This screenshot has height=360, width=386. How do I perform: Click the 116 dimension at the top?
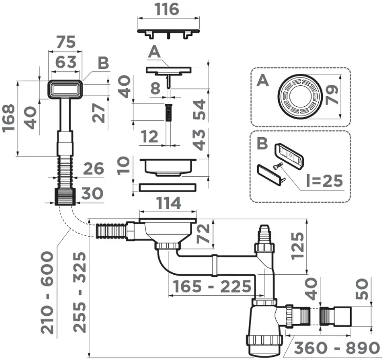click(x=167, y=9)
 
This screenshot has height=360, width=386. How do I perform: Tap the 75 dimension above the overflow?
click(x=66, y=42)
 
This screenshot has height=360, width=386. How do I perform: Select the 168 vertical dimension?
click(x=9, y=118)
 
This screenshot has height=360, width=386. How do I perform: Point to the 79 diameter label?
click(x=332, y=94)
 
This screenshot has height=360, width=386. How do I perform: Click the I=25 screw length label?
click(x=325, y=181)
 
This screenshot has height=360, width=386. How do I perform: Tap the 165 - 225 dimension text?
click(x=212, y=287)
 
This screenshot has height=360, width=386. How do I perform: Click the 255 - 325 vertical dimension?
click(x=80, y=293)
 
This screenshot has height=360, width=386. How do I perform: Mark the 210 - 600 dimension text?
click(x=47, y=293)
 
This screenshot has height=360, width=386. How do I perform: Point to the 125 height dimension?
click(x=297, y=246)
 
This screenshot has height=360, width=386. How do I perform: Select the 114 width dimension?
click(x=169, y=203)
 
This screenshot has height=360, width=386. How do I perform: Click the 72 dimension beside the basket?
click(x=203, y=234)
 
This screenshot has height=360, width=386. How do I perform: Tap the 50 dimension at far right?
click(x=361, y=289)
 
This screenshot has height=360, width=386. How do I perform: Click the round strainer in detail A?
click(x=300, y=96)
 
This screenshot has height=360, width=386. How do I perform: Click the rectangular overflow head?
click(x=66, y=89)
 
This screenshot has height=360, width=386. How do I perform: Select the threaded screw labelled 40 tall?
click(x=168, y=112)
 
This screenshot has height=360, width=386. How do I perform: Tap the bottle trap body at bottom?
click(x=265, y=328)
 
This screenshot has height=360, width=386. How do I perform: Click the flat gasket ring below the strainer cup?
click(x=168, y=187)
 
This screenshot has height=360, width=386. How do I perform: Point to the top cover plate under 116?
click(x=168, y=33)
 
